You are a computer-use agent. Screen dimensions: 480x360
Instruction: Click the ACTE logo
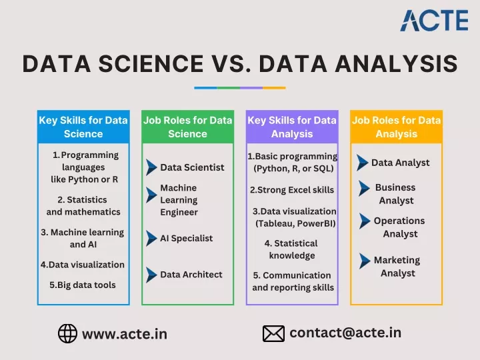pyautogui.click(x=434, y=20)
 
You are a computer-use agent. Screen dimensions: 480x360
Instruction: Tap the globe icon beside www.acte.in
pyautogui.click(x=67, y=333)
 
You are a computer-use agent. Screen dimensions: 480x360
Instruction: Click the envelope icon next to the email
pyautogui.click(x=273, y=333)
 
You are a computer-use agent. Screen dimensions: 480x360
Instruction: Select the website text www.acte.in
pyautogui.click(x=125, y=334)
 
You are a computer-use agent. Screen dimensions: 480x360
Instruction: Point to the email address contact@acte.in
pyautogui.click(x=345, y=333)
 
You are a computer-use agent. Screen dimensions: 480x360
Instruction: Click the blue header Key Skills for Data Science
pyautogui.click(x=83, y=127)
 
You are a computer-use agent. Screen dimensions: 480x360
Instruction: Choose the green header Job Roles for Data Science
pyautogui.click(x=187, y=127)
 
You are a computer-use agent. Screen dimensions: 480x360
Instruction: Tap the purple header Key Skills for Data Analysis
pyautogui.click(x=292, y=127)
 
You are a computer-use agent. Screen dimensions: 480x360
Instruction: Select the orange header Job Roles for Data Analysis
pyautogui.click(x=397, y=127)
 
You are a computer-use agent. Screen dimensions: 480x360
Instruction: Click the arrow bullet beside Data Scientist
pyautogui.click(x=151, y=167)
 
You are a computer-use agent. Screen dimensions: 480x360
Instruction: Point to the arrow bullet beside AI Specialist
pyautogui.click(x=151, y=238)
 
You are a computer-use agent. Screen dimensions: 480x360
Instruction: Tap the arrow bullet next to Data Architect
pyautogui.click(x=151, y=275)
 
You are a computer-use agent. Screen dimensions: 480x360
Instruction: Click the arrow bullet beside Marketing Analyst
pyautogui.click(x=364, y=261)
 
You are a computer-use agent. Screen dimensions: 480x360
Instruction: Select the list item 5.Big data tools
pyautogui.click(x=83, y=285)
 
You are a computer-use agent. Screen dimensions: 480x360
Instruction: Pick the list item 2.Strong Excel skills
pyautogui.click(x=292, y=190)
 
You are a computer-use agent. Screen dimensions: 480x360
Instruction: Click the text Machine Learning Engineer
pyautogui.click(x=179, y=200)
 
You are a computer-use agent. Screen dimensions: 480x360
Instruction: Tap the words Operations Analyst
pyautogui.click(x=399, y=227)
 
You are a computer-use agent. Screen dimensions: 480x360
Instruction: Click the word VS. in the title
pyautogui.click(x=231, y=64)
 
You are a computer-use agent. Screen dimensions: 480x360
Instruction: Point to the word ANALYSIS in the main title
pyautogui.click(x=397, y=64)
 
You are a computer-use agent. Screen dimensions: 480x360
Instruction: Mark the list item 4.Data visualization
pyautogui.click(x=83, y=265)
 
